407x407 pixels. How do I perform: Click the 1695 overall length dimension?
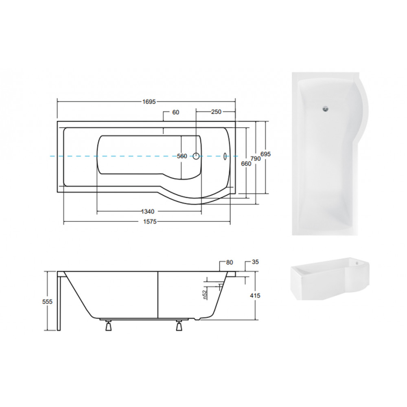(x=149, y=101)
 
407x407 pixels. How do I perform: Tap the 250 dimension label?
(x=216, y=112)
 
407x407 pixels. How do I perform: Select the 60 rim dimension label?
(x=176, y=112)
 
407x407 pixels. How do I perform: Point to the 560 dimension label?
(x=182, y=156)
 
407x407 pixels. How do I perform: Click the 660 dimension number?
(x=246, y=164)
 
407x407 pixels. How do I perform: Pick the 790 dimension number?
(x=256, y=159)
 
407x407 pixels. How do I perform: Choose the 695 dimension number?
(x=265, y=154)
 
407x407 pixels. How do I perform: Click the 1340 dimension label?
(x=148, y=212)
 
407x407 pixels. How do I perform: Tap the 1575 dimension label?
(x=150, y=221)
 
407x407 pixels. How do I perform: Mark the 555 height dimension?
(x=48, y=302)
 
